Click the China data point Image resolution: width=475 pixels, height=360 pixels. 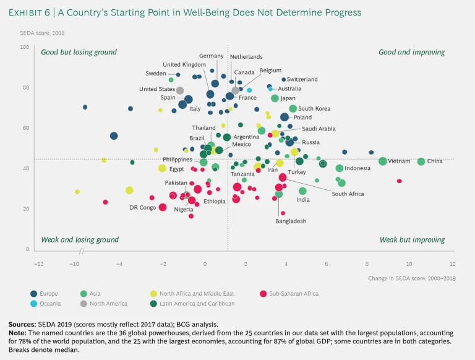coord(421,161)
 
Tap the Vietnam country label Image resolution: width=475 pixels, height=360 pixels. coord(399,161)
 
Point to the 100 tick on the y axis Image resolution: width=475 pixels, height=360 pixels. coord(25,47)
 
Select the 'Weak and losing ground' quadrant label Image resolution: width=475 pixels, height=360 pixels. coord(79,240)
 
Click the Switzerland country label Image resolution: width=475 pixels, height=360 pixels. coord(302,79)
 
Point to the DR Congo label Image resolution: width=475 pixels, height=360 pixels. coord(143,208)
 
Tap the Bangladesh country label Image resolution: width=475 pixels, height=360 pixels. coord(291,221)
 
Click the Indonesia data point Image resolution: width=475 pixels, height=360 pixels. coord(340,168)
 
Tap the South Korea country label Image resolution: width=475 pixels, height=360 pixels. coord(314,109)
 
